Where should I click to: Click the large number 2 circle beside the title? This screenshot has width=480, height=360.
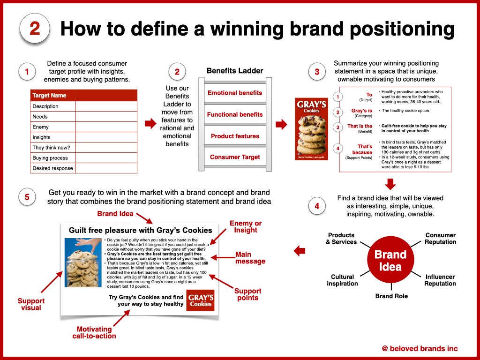pos(34,28)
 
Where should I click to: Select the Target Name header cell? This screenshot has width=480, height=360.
pos(49,96)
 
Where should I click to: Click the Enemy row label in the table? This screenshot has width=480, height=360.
pos(40,127)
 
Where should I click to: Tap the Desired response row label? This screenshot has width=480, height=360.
pos(53,168)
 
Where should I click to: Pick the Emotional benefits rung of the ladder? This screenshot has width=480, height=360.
pos(235,93)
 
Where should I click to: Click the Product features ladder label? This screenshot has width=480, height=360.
pos(235,136)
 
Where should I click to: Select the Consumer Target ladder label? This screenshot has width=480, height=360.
pos(235,157)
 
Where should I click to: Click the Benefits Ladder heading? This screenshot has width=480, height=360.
pos(235,71)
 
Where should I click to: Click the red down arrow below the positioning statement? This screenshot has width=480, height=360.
pos(390,183)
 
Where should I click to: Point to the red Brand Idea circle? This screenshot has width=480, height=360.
pos(390,261)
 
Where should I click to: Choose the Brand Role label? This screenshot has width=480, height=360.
pos(391,296)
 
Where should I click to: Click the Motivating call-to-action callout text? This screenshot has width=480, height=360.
pos(94,333)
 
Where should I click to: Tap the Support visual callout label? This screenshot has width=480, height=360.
pos(31,304)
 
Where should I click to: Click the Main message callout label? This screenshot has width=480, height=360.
pos(250,258)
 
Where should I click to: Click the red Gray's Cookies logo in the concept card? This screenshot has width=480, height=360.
pos(201,300)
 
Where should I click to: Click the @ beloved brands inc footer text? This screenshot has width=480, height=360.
pos(420,348)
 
